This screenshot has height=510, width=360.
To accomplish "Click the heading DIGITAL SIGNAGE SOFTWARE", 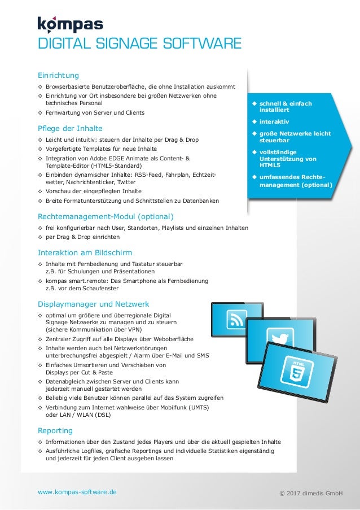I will click(x=139, y=44).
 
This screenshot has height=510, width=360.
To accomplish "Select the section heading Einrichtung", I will click(x=58, y=75).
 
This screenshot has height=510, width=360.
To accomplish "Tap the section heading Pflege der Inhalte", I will click(x=70, y=128).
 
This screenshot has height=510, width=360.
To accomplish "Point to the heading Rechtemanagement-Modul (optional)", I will click(x=106, y=216).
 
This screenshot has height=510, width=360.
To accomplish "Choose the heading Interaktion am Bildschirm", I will click(x=85, y=252).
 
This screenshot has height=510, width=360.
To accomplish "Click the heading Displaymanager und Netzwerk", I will click(x=93, y=303).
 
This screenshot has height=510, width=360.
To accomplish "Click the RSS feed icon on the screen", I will click(x=234, y=322).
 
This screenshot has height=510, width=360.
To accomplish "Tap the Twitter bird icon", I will click(x=276, y=339).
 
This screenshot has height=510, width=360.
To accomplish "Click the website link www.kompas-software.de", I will click(x=77, y=492).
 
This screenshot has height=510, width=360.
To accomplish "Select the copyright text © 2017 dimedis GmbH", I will click(x=311, y=494).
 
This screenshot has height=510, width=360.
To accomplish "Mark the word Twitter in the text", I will click(x=126, y=182).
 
